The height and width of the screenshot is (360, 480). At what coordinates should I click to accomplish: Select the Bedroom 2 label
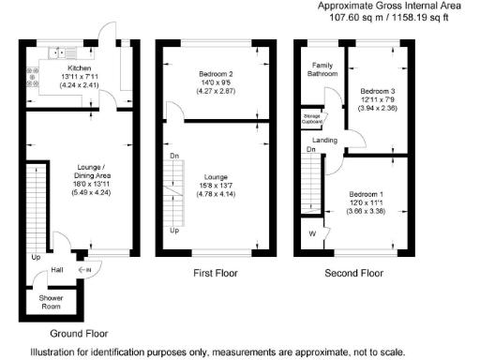(215, 74)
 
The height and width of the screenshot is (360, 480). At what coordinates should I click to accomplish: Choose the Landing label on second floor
(324, 141)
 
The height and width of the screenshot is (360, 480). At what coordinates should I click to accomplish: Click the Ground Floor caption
(78, 333)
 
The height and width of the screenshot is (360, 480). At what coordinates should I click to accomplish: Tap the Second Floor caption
(354, 274)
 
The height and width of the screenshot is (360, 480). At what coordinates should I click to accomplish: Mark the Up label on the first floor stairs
(173, 231)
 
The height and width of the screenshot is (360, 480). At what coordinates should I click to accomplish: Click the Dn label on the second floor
(310, 149)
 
